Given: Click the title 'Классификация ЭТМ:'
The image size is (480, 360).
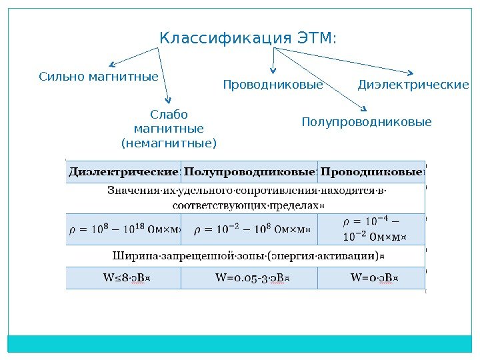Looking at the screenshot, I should click(x=248, y=39).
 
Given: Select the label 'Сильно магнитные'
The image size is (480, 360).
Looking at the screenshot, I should click(x=99, y=77).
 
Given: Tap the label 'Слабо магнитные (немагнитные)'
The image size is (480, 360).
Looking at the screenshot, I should click(x=169, y=129).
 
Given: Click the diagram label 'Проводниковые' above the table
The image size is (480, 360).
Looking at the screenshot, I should click(x=272, y=85).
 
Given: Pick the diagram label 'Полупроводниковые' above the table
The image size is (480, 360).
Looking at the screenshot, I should click(x=367, y=123).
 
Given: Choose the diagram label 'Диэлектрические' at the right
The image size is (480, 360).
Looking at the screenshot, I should click(x=413, y=85).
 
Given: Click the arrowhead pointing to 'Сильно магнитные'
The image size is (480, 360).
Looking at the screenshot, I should click(x=111, y=65).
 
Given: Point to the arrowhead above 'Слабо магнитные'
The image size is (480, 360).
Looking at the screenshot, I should click(x=170, y=101).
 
